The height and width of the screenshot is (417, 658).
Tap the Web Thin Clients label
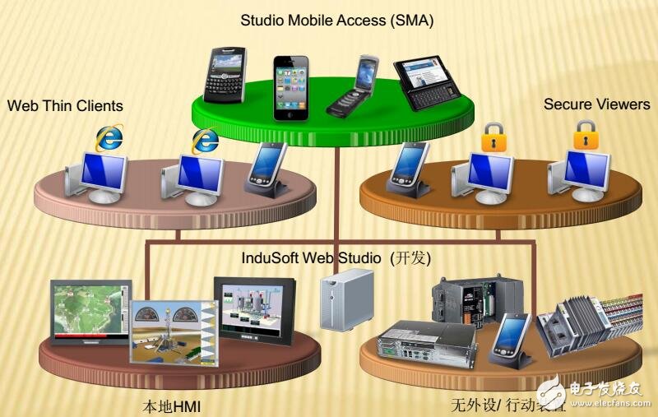[65, 105]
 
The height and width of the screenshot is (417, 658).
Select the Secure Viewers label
[597, 104]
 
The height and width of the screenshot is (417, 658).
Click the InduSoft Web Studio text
[313, 257]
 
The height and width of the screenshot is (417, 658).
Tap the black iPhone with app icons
[293, 86]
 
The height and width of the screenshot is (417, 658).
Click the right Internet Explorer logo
[205, 139]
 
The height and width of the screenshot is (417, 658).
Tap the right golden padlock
[585, 133]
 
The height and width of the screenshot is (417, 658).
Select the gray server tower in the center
[340, 303]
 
